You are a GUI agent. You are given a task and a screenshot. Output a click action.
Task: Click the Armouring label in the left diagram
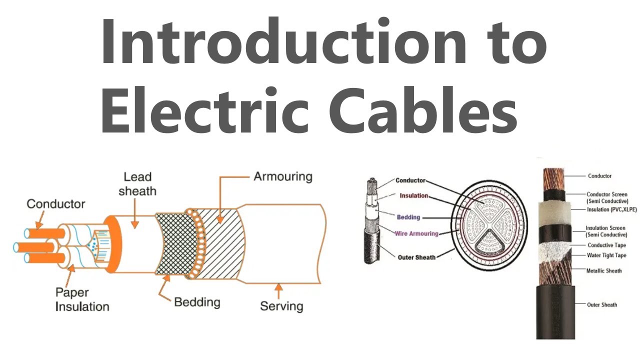pyautogui.click(x=282, y=176)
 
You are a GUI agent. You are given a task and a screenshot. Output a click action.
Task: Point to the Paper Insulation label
pyautogui.click(x=82, y=299)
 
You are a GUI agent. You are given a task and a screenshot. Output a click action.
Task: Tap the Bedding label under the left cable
pyautogui.click(x=197, y=302)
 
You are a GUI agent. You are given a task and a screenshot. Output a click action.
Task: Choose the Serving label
pyautogui.click(x=281, y=305)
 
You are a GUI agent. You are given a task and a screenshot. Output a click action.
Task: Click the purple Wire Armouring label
pyautogui.click(x=416, y=233)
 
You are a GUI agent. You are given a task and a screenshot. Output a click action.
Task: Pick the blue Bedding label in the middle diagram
pyautogui.click(x=408, y=217)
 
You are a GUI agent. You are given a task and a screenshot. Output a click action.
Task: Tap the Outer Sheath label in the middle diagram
pyautogui.click(x=416, y=257)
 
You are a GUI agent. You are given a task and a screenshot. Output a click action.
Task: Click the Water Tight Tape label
pyautogui.click(x=606, y=255)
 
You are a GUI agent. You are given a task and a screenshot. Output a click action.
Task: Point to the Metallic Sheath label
pyautogui.click(x=604, y=270)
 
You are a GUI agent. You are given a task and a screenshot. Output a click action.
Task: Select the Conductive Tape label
pyautogui.click(x=606, y=245)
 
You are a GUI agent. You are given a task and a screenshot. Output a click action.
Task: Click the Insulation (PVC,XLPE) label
pyautogui.click(x=612, y=209)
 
